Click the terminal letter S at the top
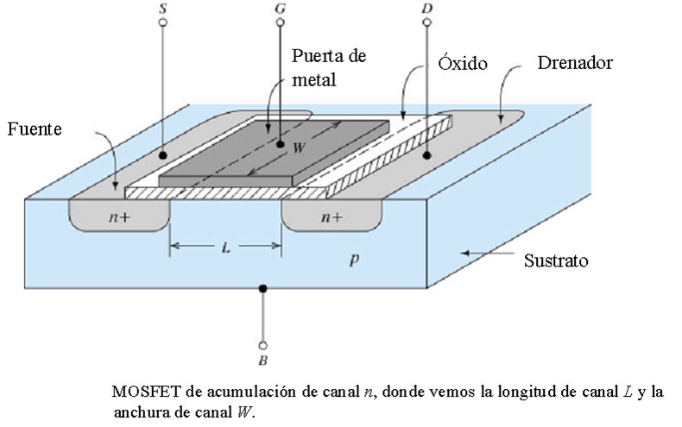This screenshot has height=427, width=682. tap(162, 7)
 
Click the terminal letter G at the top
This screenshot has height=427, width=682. tap(279, 7)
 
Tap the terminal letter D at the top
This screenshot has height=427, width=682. tap(426, 7)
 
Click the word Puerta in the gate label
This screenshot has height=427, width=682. tap(316, 57)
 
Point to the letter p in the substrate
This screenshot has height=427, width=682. tap(352, 257)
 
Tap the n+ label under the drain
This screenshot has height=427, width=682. tap(332, 218)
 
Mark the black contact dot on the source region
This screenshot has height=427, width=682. tap(162, 156)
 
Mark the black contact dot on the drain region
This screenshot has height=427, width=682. tap(427, 156)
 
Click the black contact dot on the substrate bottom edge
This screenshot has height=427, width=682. tap(262, 289)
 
